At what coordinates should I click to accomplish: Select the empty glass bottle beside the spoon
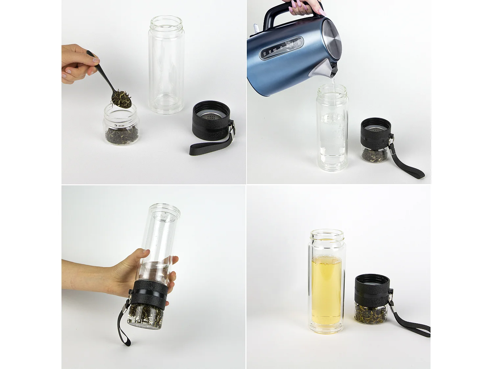click(x=166, y=66)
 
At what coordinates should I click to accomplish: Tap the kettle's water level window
click(x=281, y=49)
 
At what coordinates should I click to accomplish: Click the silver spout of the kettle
click(x=325, y=69)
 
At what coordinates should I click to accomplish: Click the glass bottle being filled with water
click(x=332, y=131)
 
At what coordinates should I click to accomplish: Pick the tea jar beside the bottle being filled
click(x=375, y=154)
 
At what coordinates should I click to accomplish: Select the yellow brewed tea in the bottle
click(x=327, y=289)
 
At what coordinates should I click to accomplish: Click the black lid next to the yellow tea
click(x=373, y=289)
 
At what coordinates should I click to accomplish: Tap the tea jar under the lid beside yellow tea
click(x=371, y=313)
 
